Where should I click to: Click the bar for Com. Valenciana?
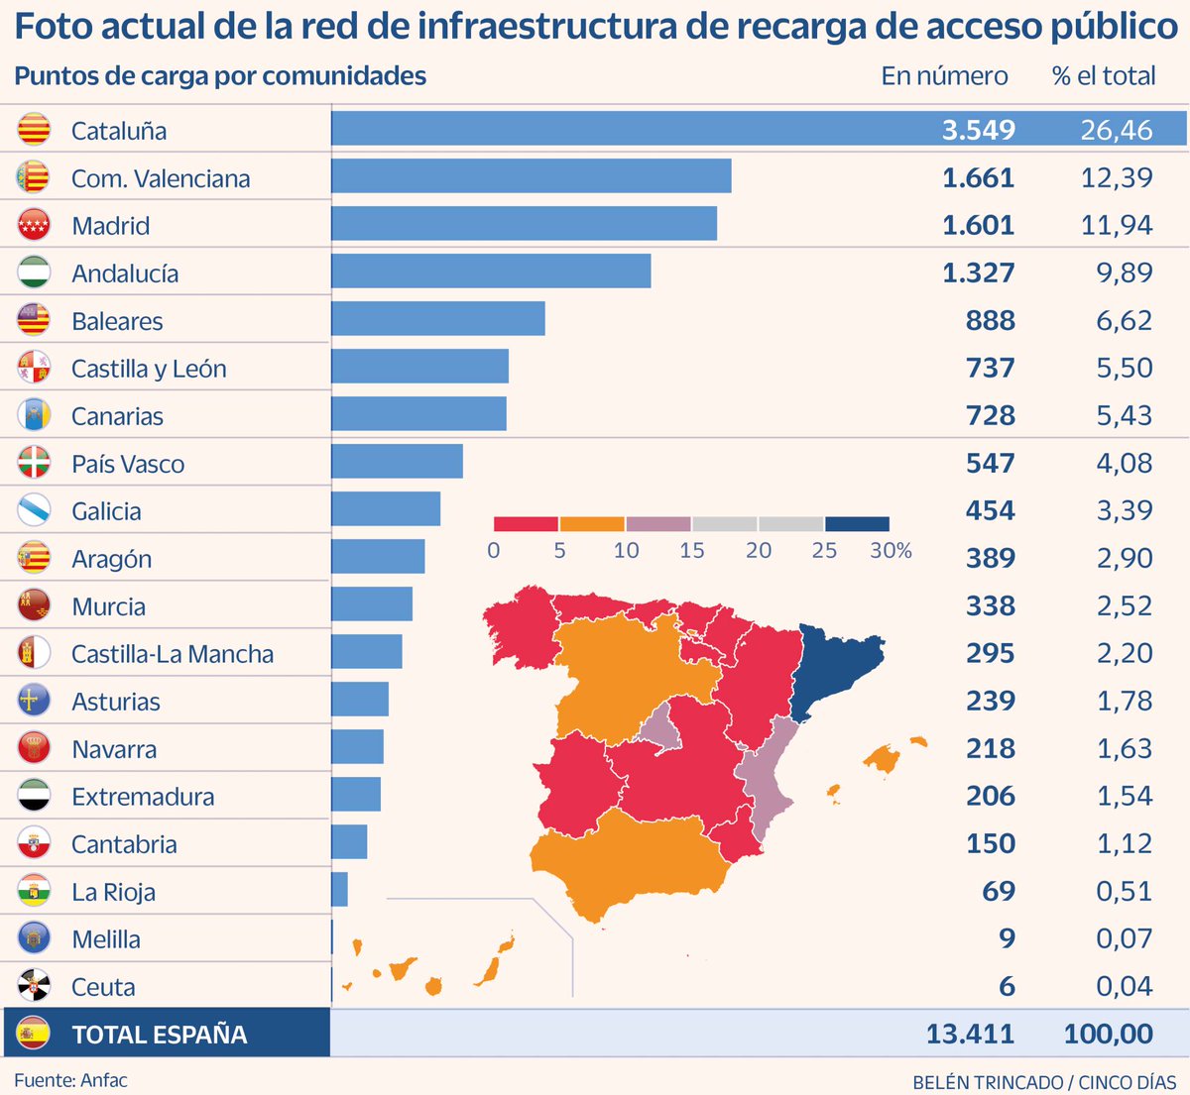531,176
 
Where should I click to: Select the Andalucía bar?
491,272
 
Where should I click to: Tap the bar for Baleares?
437,319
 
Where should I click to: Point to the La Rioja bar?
339,890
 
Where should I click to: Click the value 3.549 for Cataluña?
978,130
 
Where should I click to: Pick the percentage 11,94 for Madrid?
1117,225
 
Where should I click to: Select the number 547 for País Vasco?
990,463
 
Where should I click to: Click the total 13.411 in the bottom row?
970,1034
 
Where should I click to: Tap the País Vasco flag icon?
34,463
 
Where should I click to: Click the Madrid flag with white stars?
34,225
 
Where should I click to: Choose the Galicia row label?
106,511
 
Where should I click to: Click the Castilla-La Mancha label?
173,654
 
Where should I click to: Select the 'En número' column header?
944,76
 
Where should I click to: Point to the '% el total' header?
1103,76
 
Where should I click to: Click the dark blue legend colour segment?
857,524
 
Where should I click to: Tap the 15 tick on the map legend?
692,551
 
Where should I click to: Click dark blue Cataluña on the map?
838,664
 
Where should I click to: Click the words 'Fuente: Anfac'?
70,1080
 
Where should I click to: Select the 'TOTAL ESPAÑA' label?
159,1035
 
